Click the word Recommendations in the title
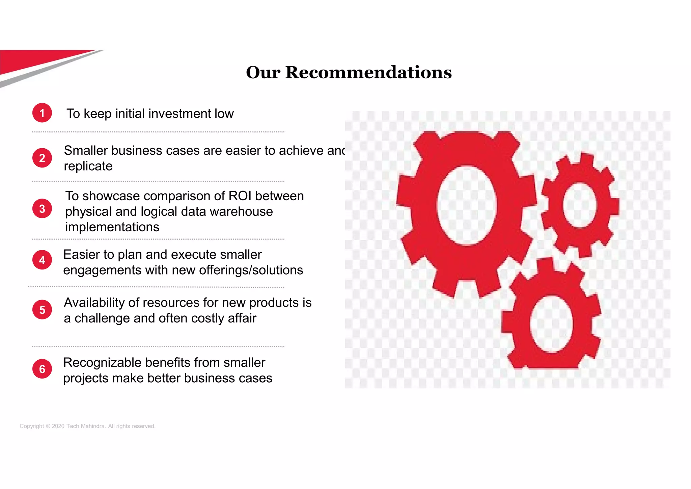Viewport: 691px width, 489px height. [368, 73]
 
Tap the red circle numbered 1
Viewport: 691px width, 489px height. [42, 113]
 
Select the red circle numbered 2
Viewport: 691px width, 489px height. [42, 158]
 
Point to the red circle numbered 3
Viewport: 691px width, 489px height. [42, 209]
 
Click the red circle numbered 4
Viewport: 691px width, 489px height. [42, 260]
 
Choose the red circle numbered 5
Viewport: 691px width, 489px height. [42, 310]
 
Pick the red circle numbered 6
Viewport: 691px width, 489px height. [42, 369]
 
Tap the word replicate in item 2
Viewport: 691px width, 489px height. [88, 166]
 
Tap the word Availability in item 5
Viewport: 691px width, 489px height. [94, 303]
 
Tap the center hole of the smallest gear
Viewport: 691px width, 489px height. [580, 205]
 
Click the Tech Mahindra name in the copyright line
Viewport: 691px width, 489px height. [85, 426]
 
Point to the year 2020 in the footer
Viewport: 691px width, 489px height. [58, 426]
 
